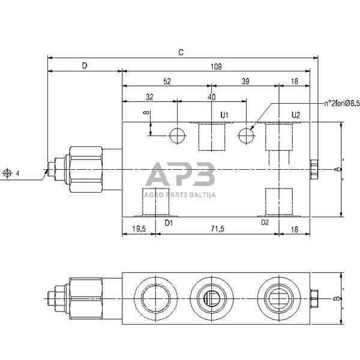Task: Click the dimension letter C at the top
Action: [x=181, y=52]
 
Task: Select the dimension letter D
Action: [x=84, y=65]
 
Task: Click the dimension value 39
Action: [x=245, y=81]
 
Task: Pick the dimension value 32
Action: [x=149, y=97]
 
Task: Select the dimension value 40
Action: [x=211, y=97]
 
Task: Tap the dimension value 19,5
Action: [x=139, y=229]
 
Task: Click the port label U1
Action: [x=225, y=115]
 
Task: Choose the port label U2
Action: [x=295, y=115]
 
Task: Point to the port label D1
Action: [x=169, y=223]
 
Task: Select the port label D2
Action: [x=265, y=222]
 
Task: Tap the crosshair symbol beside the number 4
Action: [x=7, y=173]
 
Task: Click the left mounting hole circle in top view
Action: [x=178, y=136]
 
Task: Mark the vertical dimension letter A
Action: [x=337, y=170]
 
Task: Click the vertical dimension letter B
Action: [x=337, y=298]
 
